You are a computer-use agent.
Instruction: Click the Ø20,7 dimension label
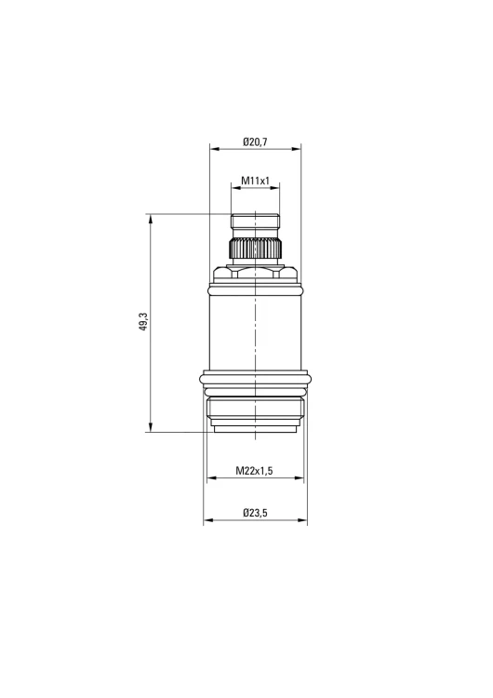point(255,142)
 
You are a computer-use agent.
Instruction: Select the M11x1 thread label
point(256,181)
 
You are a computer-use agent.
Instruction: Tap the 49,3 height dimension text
point(143,321)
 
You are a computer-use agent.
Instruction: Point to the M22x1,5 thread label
point(254,471)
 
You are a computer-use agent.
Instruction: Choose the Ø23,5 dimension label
point(255,513)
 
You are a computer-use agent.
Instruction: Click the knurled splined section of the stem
point(256,248)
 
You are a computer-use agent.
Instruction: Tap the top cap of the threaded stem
point(256,221)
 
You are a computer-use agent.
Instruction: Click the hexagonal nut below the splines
point(255,273)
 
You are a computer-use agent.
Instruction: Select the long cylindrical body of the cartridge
point(255,332)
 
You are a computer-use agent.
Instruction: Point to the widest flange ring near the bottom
point(256,380)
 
